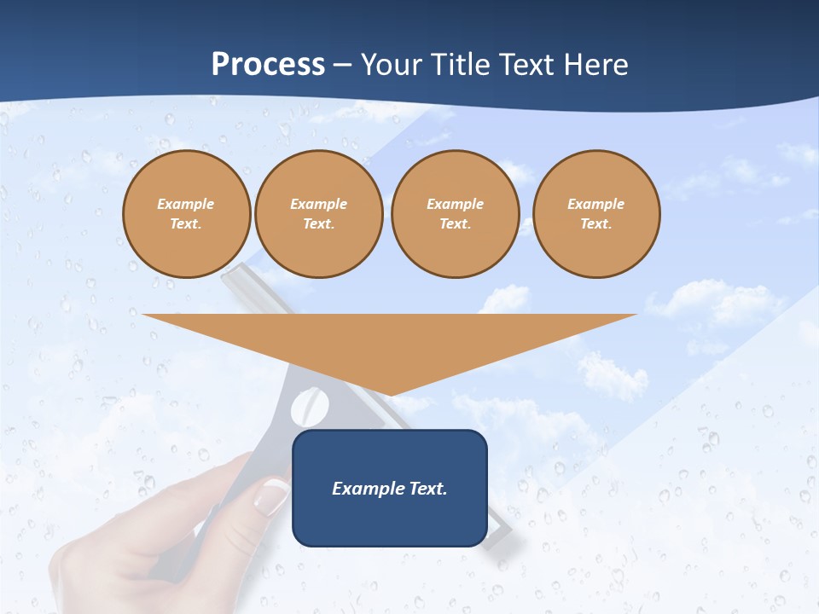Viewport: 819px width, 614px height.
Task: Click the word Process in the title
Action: (268, 65)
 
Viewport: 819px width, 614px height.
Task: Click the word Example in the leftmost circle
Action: (186, 204)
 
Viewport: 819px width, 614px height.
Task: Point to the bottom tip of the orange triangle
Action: (390, 394)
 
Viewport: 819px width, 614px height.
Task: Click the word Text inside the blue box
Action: (427, 489)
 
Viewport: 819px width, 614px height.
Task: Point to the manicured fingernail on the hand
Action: (271, 496)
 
